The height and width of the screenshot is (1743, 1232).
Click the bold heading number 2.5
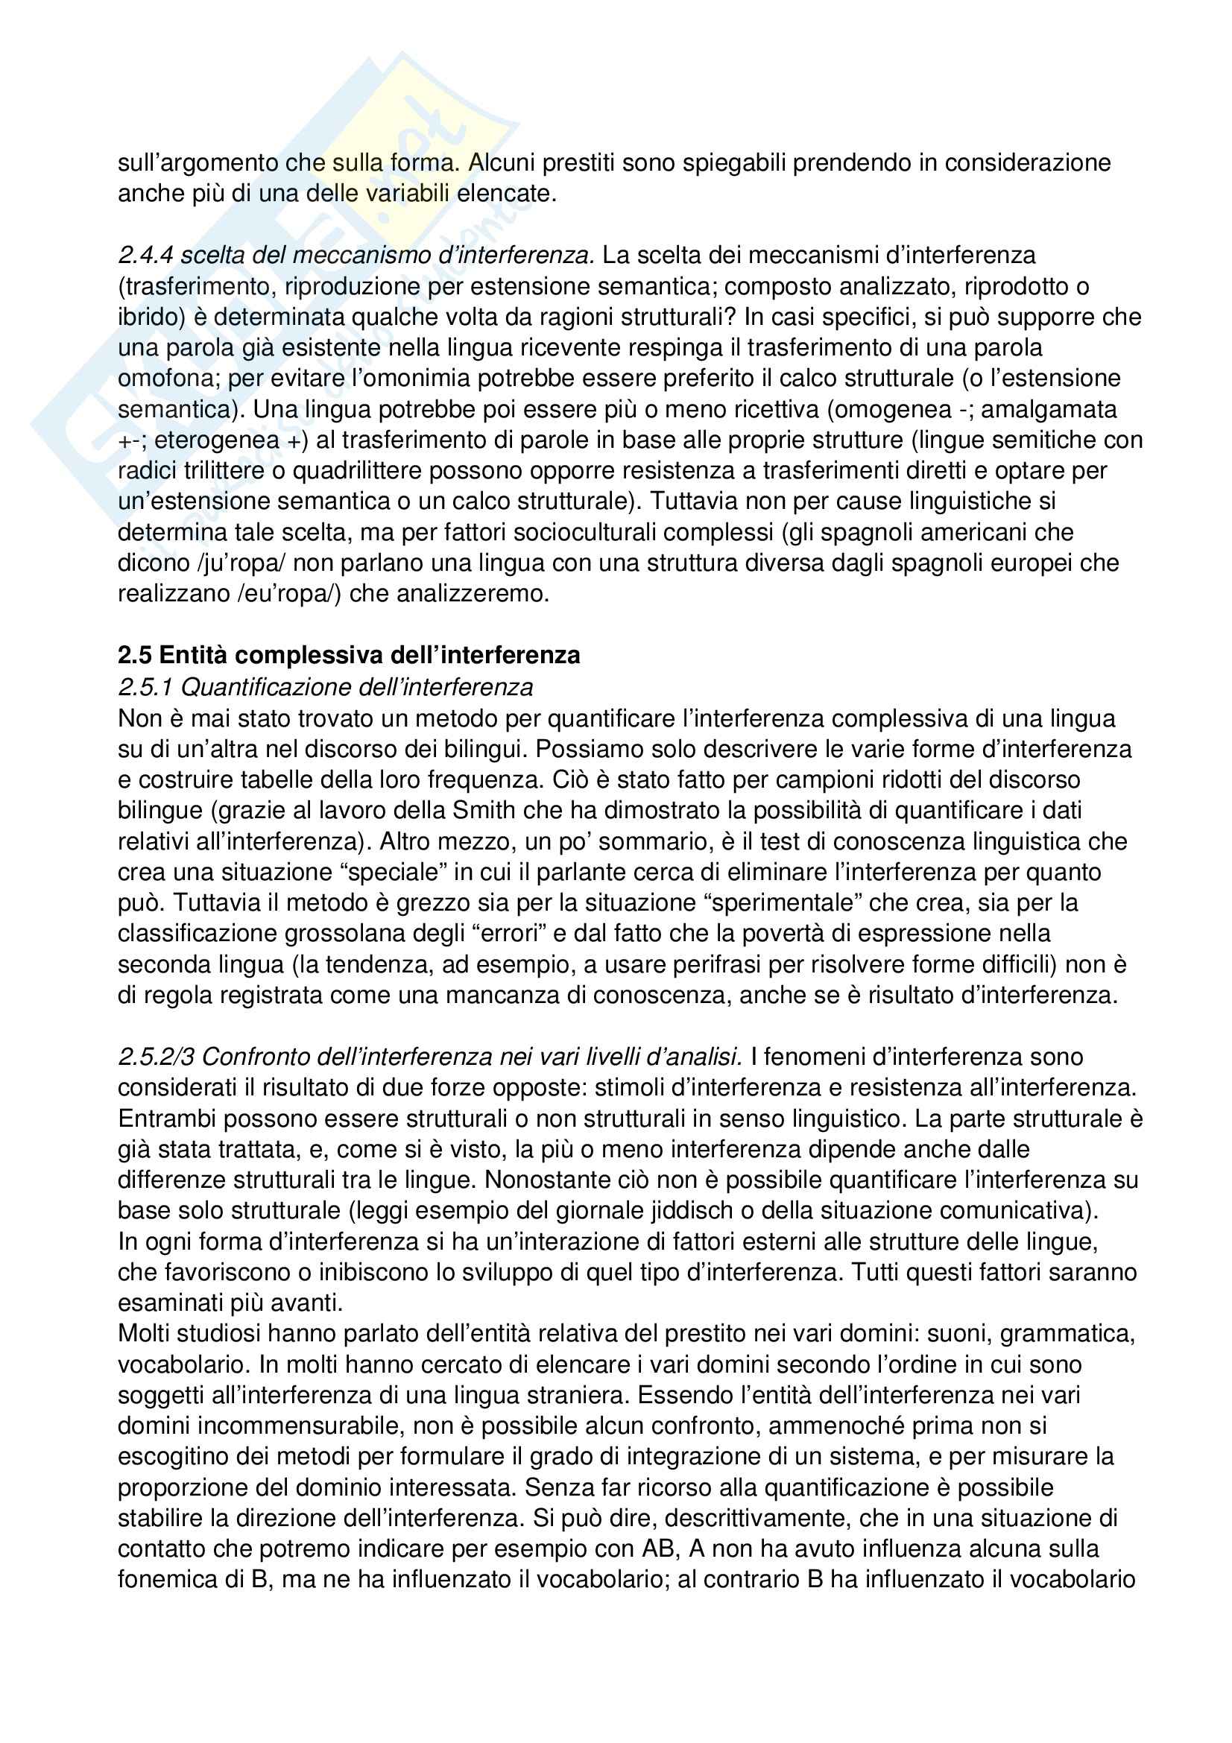136,655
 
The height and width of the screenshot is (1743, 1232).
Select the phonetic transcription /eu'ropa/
289,593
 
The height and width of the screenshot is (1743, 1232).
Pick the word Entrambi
166,1119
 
